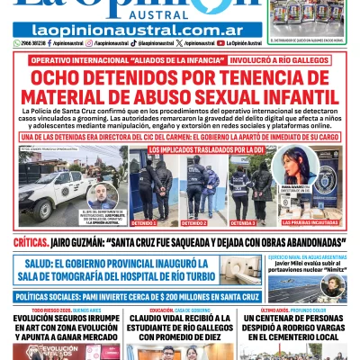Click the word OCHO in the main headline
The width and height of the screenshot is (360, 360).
(68, 75)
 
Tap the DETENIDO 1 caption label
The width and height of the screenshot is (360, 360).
(144, 222)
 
